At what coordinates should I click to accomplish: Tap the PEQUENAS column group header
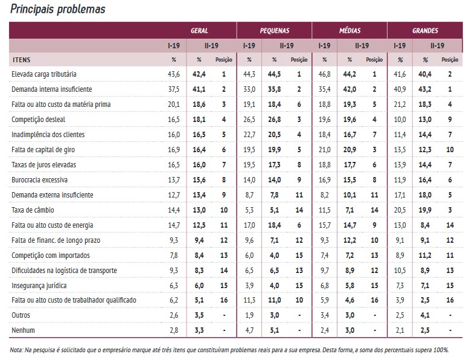click(x=275, y=30)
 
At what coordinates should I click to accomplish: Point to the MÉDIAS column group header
click(x=349, y=30)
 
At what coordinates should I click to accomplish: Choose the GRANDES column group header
click(x=425, y=30)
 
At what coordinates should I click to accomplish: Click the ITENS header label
click(x=22, y=60)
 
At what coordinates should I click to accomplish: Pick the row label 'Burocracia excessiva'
click(x=39, y=179)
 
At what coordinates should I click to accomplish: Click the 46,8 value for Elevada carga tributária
click(x=325, y=74)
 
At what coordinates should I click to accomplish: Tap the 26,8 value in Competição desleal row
click(x=274, y=120)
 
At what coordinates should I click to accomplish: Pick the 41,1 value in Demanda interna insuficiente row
click(x=199, y=89)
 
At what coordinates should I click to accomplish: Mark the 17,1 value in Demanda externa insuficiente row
click(x=399, y=194)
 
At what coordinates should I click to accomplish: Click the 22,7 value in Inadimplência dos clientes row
click(x=249, y=135)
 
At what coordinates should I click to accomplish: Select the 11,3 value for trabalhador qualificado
click(x=249, y=300)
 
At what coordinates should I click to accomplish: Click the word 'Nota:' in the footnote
click(x=17, y=350)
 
